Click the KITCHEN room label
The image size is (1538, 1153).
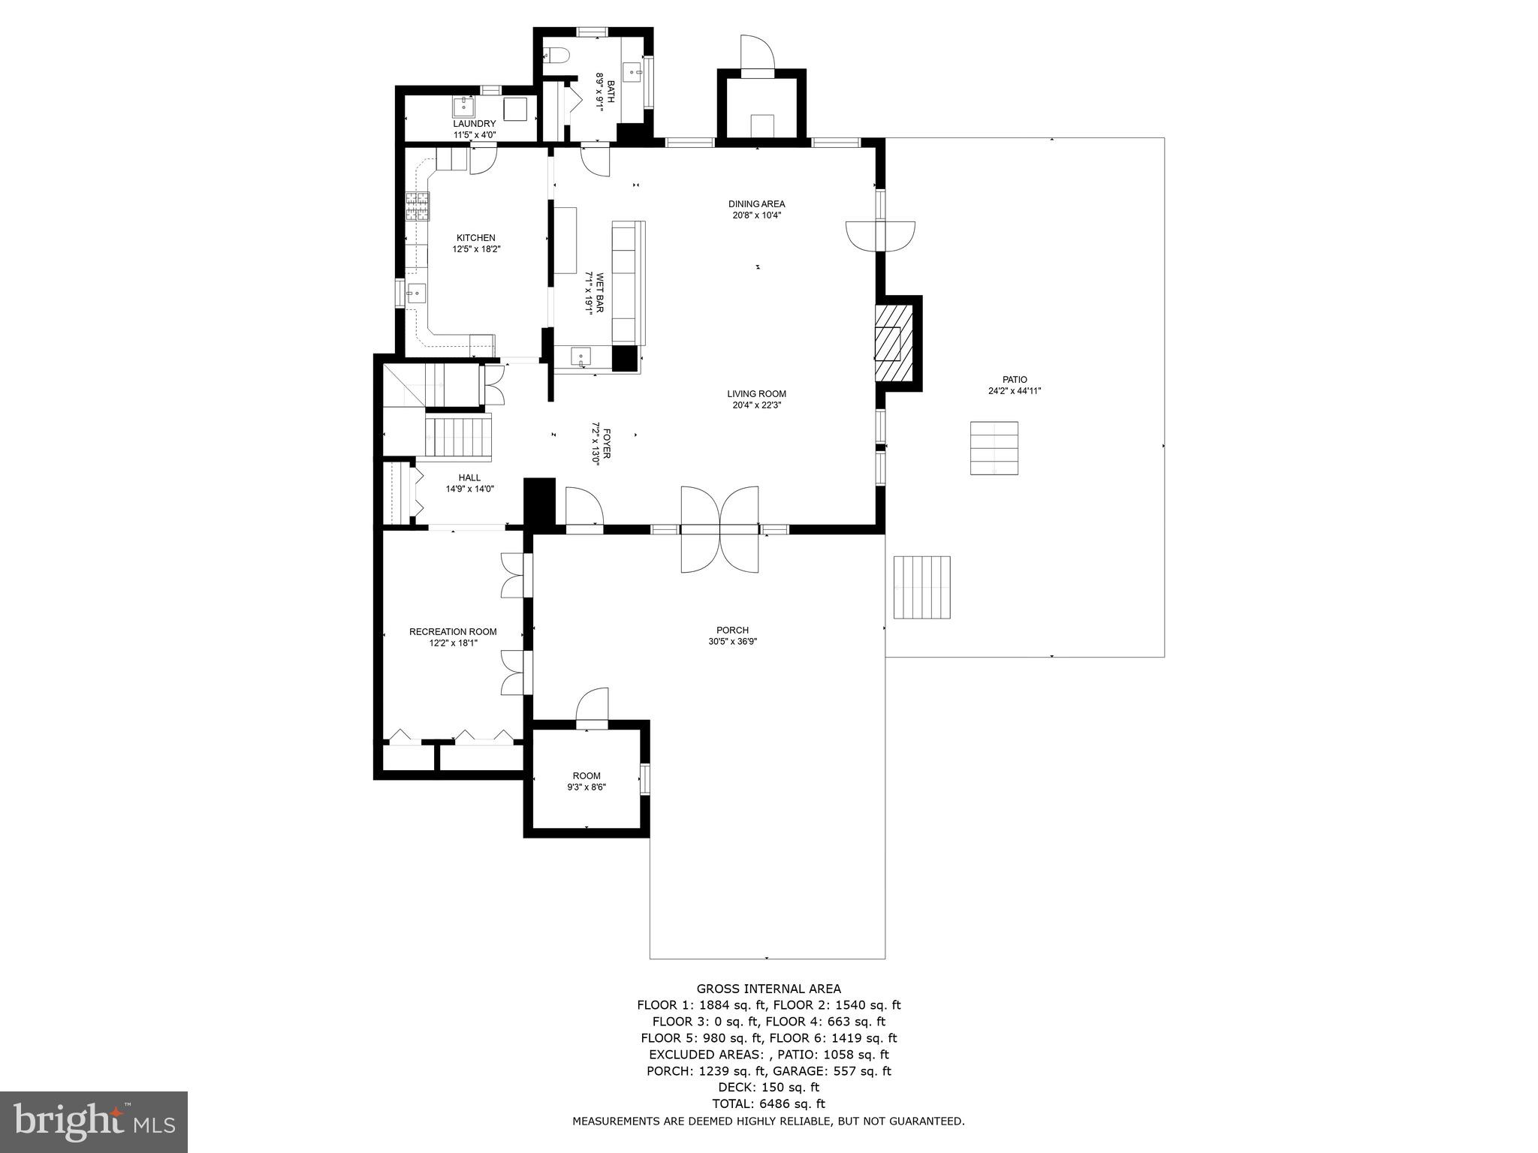click(475, 238)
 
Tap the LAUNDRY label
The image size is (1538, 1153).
click(474, 124)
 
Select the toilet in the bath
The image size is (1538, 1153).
click(554, 55)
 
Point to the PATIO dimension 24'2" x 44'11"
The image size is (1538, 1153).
click(1014, 390)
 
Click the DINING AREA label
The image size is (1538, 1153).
click(756, 204)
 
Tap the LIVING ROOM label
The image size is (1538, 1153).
click(756, 394)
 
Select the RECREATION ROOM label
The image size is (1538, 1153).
click(453, 632)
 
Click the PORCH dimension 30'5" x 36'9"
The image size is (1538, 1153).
click(732, 642)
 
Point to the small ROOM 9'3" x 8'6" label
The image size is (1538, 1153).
click(587, 776)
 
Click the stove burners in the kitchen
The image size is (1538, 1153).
click(418, 206)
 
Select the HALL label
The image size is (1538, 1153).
click(469, 477)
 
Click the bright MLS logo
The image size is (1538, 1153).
click(94, 1121)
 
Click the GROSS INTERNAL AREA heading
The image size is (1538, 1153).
click(768, 989)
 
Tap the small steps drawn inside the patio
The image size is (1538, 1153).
click(994, 447)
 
